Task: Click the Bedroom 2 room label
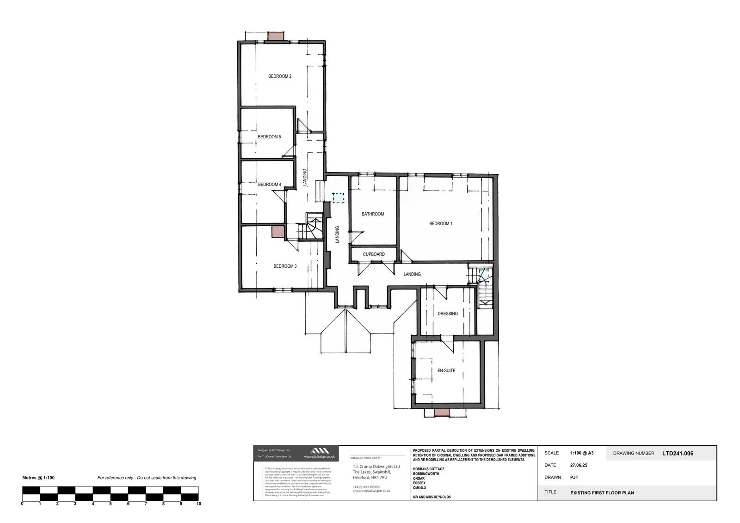pos(280,76)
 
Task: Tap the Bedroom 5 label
pos(269,137)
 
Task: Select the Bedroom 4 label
pos(269,185)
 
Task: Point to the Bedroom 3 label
pos(285,266)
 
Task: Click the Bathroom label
pos(373,214)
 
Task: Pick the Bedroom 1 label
pos(440,224)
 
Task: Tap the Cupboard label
pos(374,254)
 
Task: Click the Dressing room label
pos(448,314)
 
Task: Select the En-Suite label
pos(446,370)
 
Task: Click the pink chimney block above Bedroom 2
pos(277,36)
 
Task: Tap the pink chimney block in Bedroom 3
pos(277,232)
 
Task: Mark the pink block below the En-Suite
pos(441,412)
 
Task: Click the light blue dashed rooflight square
pos(339,198)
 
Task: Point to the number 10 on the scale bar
pos(198,504)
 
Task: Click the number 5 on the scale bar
pos(111,504)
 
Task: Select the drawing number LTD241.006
pos(678,454)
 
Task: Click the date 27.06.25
pos(579,465)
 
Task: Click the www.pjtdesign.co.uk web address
pos(319,456)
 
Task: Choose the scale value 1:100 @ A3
pos(582,453)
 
